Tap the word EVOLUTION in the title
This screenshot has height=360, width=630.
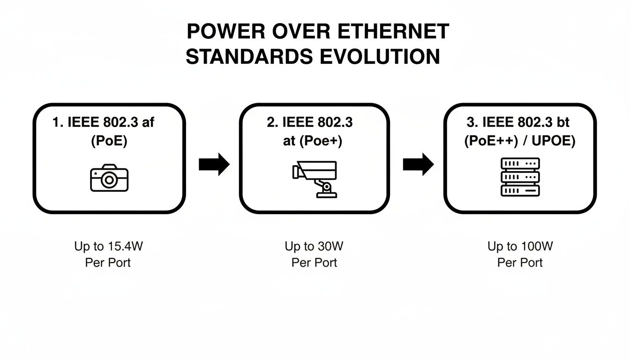381,57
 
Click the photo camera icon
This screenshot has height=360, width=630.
109,178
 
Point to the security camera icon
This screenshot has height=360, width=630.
315,179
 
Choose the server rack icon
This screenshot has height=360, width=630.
520,177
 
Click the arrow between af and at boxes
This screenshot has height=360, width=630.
214,165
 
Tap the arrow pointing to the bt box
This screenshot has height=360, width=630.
418,165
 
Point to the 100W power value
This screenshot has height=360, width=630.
535,246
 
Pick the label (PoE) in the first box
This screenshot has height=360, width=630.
109,142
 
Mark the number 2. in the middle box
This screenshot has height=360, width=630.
272,123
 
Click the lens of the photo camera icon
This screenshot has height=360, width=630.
110,180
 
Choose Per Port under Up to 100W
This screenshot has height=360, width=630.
520,262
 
